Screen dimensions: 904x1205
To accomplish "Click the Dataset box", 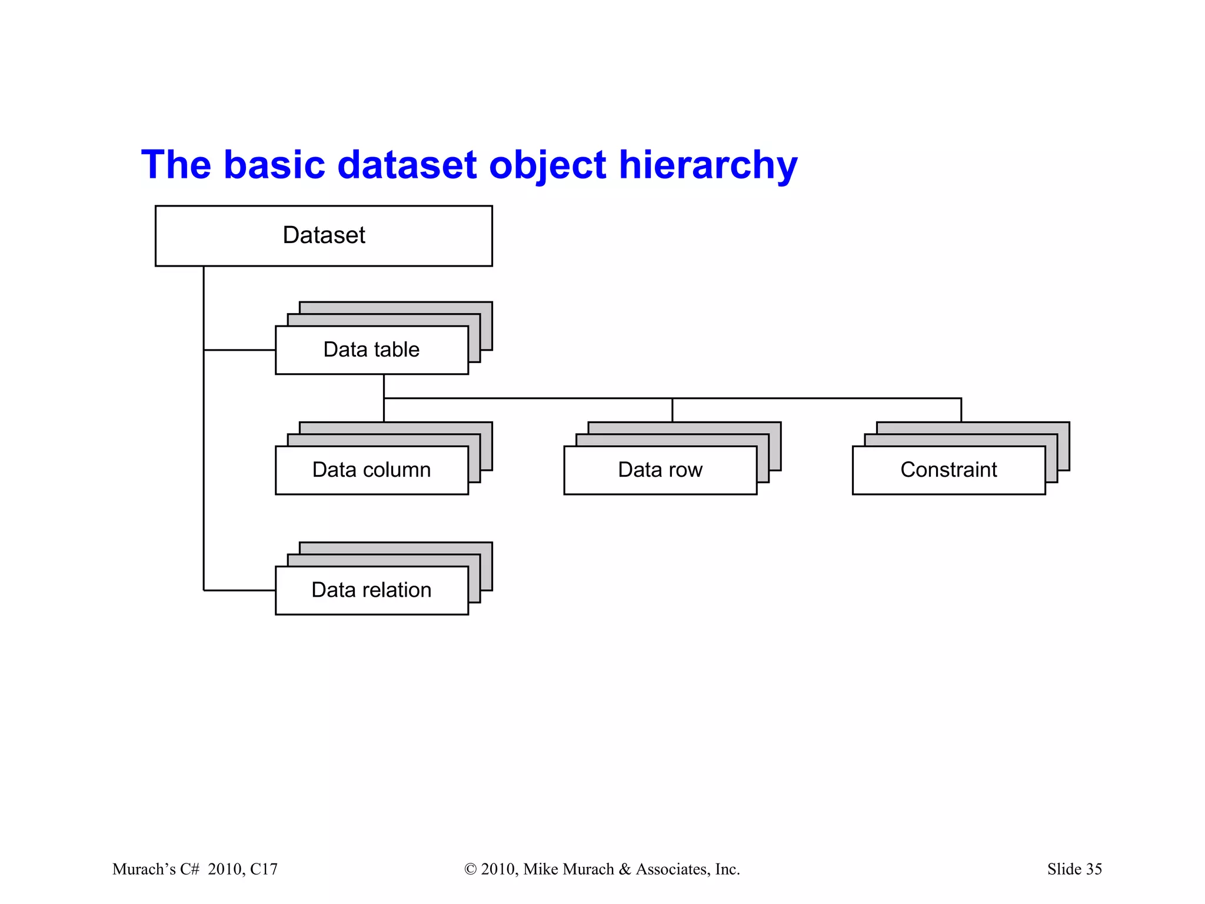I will coord(324,235).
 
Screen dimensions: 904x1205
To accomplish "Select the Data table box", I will coord(371,350).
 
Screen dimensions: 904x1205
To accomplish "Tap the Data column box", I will coord(371,470).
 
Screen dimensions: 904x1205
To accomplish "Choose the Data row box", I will coord(660,470).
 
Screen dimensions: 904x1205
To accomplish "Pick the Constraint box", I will coord(948,470).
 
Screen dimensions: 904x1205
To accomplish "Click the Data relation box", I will coord(371,590).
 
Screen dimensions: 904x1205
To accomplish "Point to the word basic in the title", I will coord(274,164).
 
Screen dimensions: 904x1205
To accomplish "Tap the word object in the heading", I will coord(547,165).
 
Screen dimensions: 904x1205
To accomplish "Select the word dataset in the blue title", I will coord(407,164).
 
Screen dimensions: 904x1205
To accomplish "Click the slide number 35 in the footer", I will coord(1094,869).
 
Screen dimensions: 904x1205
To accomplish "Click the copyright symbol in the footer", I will coord(470,869).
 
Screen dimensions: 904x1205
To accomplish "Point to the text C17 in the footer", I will coord(264,869).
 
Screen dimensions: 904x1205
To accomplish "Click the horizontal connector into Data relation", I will coord(239,590).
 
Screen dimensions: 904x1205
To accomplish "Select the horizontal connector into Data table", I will coord(239,350).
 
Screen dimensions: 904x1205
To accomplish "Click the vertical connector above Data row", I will coord(672,410).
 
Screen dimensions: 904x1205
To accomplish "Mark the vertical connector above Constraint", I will coord(961,410).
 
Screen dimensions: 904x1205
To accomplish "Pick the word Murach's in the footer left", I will coord(144,869).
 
